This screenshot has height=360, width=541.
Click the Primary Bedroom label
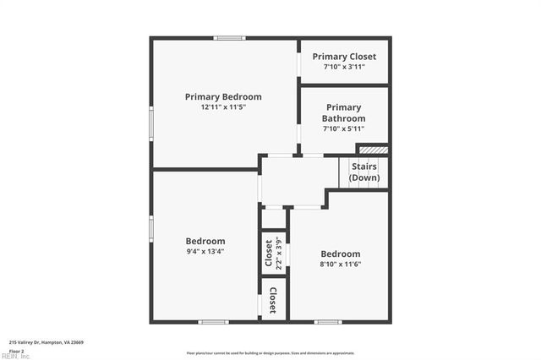coord(223,96)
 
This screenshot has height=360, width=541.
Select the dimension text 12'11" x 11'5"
coord(223,108)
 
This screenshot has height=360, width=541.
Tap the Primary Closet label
coord(344,57)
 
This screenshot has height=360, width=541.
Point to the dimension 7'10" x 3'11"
coord(344,67)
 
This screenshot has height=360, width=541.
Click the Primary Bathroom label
coord(344,113)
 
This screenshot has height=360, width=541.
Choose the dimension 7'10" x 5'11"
coord(344,129)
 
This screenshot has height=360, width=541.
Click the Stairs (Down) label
coord(364,172)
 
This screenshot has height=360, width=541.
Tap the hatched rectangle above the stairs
coord(379,150)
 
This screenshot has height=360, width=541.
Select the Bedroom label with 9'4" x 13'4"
coord(205,240)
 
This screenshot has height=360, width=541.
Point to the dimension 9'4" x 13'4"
coord(205,251)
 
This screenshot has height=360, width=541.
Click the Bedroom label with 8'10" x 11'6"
coord(340,254)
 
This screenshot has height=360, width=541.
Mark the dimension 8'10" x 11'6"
coord(340,265)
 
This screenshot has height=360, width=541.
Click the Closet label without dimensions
coord(273,299)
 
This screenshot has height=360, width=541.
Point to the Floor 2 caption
coord(17,350)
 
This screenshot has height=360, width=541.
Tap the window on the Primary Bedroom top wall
coord(229,38)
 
